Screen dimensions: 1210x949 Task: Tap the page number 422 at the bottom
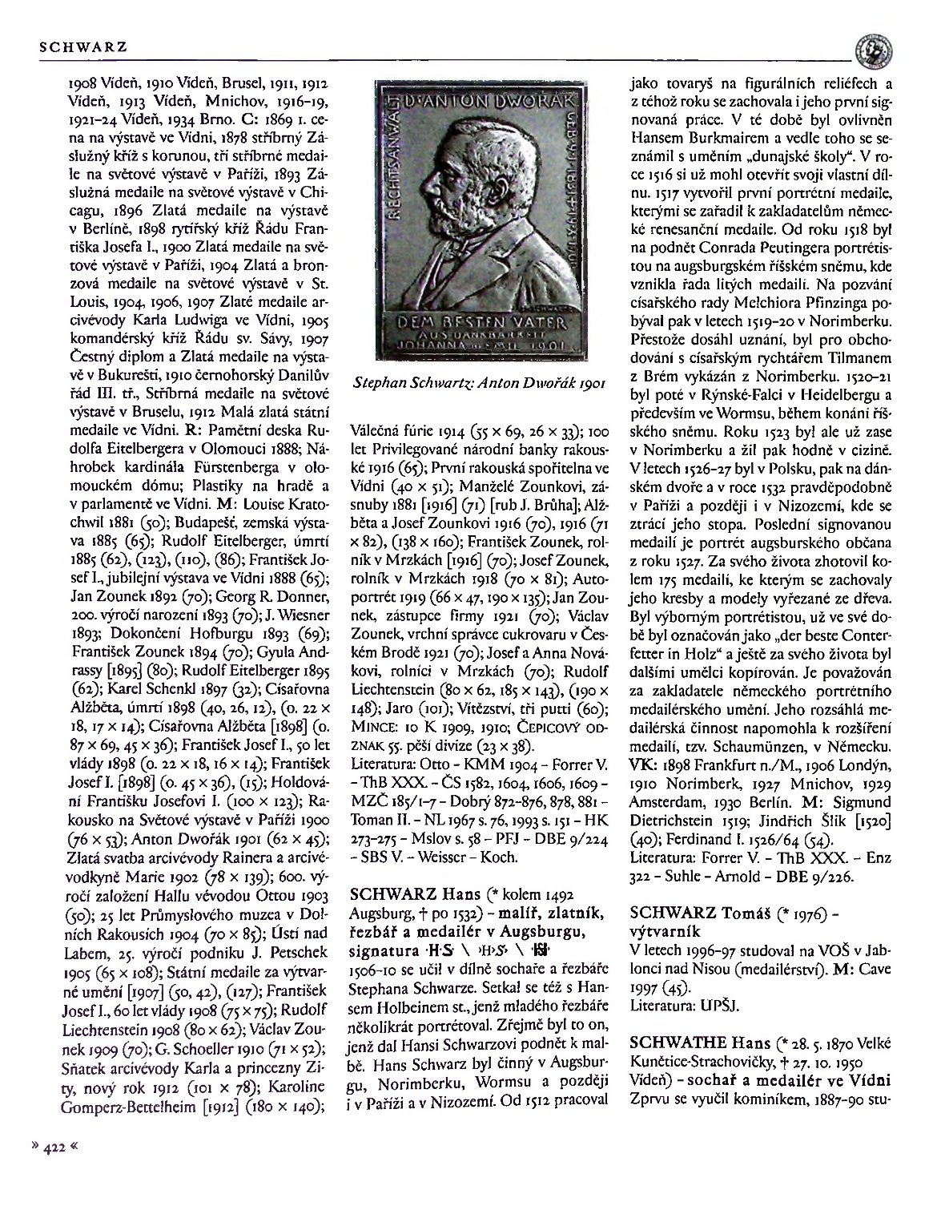click(54, 1147)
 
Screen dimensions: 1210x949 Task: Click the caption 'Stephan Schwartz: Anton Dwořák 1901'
click(477, 383)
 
